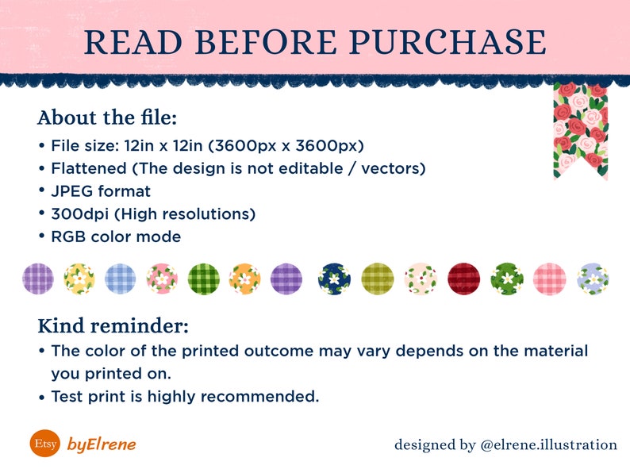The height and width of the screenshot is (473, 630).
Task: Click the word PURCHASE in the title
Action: pyautogui.click(x=448, y=42)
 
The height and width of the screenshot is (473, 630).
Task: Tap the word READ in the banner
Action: pyautogui.click(x=133, y=42)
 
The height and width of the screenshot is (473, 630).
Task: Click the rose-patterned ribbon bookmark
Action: pyautogui.click(x=581, y=131)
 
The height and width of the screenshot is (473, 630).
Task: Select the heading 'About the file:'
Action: pyautogui.click(x=107, y=117)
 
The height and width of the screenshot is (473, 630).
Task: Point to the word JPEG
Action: pyautogui.click(x=72, y=191)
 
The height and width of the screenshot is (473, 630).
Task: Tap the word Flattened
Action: pyautogui.click(x=89, y=168)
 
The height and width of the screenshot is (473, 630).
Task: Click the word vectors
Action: pyautogui.click(x=394, y=169)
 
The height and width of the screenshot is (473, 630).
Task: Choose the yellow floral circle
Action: pyautogui.click(x=79, y=279)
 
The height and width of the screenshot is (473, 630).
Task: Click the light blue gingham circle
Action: pyautogui.click(x=120, y=279)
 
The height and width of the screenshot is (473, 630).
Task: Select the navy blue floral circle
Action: pyautogui.click(x=334, y=279)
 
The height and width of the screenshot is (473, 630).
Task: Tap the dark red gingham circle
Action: pyautogui.click(x=463, y=279)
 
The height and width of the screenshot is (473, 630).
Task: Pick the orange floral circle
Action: pyautogui.click(x=244, y=279)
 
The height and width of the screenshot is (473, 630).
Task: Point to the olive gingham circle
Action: pyautogui.click(x=378, y=279)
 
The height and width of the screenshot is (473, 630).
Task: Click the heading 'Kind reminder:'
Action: pyautogui.click(x=113, y=325)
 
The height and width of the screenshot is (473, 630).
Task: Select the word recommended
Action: pyautogui.click(x=259, y=397)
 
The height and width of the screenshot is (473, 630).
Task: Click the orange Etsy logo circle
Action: pyautogui.click(x=45, y=444)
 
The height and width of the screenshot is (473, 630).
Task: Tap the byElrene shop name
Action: pyautogui.click(x=102, y=444)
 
